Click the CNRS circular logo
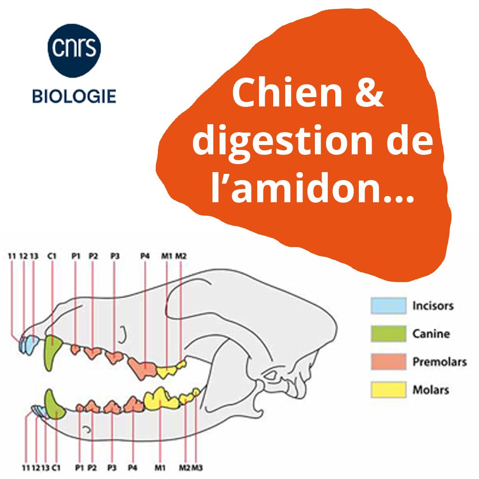(x=74, y=51)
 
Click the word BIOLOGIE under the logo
(x=74, y=96)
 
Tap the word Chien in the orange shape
(x=287, y=93)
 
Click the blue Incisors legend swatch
(x=388, y=306)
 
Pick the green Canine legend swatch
(x=388, y=334)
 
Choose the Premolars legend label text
(x=440, y=362)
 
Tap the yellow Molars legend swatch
(x=388, y=390)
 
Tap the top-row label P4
(x=145, y=256)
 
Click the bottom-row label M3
(x=197, y=467)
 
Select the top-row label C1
(x=52, y=256)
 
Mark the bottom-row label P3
(x=112, y=467)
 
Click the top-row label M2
(x=181, y=256)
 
